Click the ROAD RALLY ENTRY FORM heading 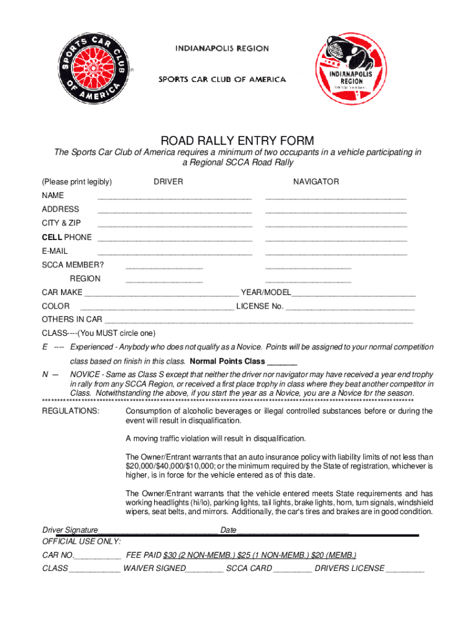[x=238, y=141]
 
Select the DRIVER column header [x=168, y=181]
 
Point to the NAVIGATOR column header [x=316, y=181]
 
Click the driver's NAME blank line [x=175, y=198]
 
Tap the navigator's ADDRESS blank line [x=336, y=212]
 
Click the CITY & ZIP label [x=61, y=223]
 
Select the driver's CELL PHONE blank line [x=175, y=239]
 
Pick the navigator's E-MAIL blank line [x=336, y=253]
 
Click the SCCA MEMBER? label [x=73, y=265]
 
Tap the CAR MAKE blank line [x=161, y=294]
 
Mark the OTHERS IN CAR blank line [x=258, y=322]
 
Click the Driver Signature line [x=158, y=532]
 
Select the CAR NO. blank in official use [x=97, y=557]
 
